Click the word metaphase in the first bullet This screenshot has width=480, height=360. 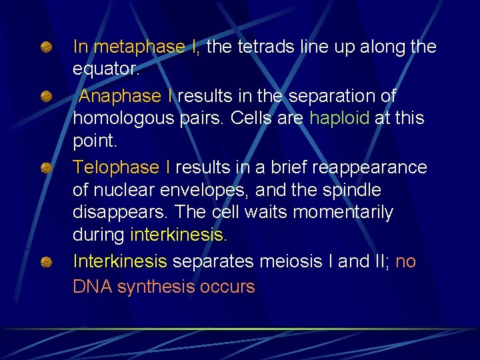(x=139, y=47)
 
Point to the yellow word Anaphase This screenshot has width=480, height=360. (x=120, y=96)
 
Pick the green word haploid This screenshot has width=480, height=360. (x=339, y=118)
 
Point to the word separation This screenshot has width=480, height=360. (x=342, y=96)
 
